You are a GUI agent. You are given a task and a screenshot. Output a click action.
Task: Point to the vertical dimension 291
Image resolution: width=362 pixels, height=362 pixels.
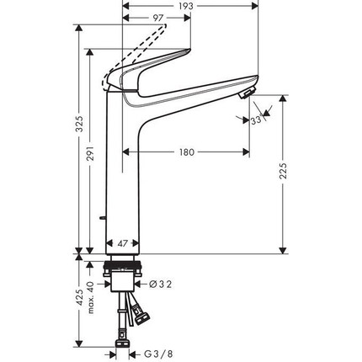click(x=91, y=152)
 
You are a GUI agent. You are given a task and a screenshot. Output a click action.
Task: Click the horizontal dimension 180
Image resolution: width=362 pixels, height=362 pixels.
click(x=186, y=152)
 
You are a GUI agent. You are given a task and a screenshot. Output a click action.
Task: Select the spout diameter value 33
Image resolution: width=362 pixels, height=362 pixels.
click(x=255, y=121)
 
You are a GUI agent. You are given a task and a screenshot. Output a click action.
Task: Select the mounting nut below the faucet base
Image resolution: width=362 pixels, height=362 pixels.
click(x=123, y=275)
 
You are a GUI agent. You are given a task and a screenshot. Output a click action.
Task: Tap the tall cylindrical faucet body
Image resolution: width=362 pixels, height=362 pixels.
click(x=123, y=168)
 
